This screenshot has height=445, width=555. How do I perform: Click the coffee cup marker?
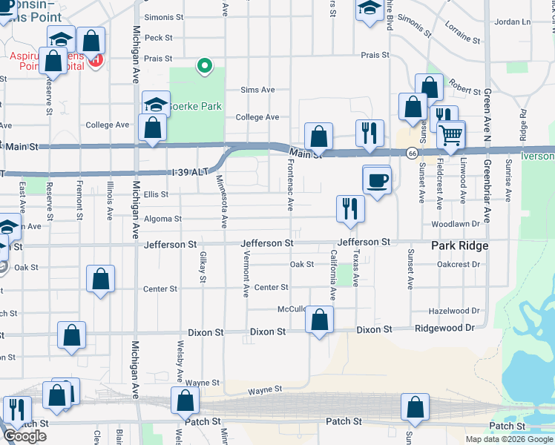coord(377,180)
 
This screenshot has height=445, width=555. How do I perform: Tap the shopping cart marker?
coord(450,136)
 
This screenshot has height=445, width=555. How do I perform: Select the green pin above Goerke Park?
coord(205,67)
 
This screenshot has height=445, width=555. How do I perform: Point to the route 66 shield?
coord(410,153)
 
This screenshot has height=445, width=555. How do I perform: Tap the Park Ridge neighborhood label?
coord(460,245)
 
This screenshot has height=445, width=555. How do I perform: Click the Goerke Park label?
coord(196,106)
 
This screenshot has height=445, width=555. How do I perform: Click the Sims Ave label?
coord(257,90)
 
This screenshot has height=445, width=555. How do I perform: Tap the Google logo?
coord(25,436)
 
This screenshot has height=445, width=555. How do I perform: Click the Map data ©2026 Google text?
coord(509,438)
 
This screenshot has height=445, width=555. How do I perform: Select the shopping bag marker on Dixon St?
coord(320,322)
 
